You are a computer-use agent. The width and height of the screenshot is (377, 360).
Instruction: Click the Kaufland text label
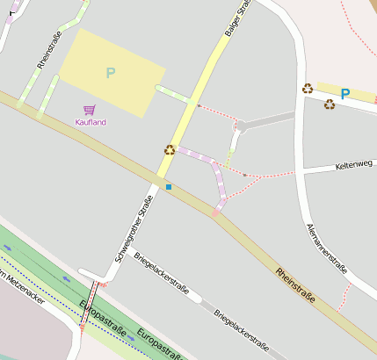(91, 122)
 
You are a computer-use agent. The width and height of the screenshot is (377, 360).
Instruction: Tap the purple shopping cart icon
(90, 110)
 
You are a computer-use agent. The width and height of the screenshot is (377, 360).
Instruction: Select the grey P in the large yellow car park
(110, 73)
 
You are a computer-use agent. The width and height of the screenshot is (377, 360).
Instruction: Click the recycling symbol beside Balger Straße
(170, 149)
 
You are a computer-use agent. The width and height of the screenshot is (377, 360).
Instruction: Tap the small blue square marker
(169, 186)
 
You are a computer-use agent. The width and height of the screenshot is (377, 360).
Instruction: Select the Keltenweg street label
(355, 165)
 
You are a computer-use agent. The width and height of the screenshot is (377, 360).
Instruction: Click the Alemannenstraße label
(326, 248)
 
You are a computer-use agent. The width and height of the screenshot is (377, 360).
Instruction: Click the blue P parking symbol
(345, 94)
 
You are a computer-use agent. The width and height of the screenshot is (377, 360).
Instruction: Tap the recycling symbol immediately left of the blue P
(308, 88)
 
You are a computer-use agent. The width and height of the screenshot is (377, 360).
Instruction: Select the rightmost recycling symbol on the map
(330, 104)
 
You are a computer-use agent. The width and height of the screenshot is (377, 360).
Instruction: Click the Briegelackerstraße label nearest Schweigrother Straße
(161, 277)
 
